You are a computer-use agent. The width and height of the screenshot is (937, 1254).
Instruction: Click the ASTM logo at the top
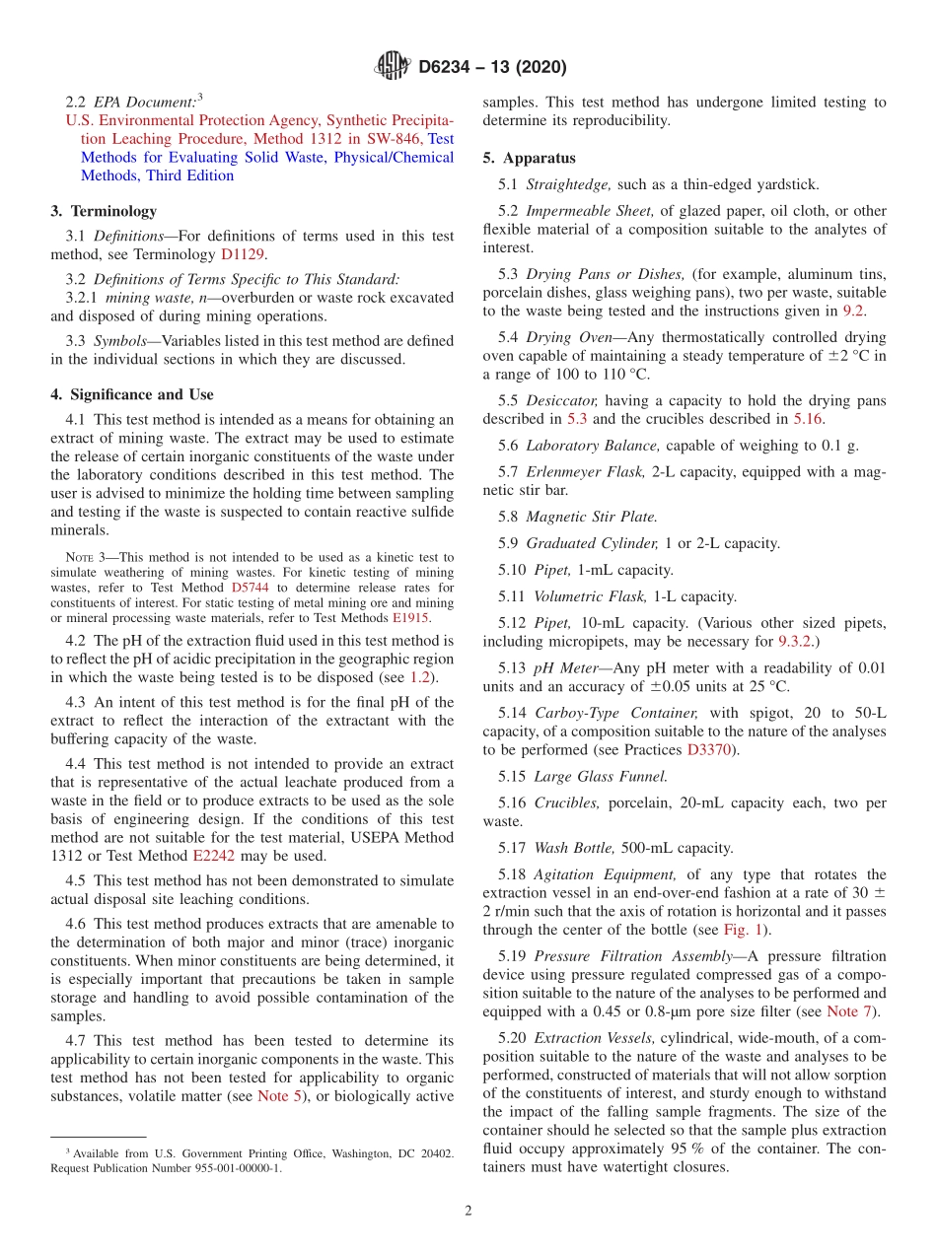point(392,67)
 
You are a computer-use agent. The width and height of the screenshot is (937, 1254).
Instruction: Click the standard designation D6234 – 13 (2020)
point(492,68)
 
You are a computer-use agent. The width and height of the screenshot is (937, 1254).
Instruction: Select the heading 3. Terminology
point(104,211)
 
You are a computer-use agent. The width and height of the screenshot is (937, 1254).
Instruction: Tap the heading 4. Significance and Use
point(131,394)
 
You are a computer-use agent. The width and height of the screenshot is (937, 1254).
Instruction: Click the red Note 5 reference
point(279,1095)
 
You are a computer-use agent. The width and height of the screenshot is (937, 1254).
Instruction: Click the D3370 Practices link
point(706,749)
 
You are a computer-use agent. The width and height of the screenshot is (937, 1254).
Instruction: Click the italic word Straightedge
point(569,184)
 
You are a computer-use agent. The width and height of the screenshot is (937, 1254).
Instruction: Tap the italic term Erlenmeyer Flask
point(585,471)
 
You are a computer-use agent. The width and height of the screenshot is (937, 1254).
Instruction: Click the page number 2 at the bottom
point(468,1211)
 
